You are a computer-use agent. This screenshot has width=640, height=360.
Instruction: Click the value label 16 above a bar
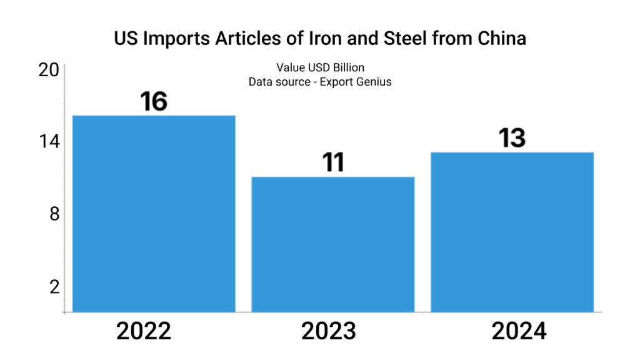pos(154,101)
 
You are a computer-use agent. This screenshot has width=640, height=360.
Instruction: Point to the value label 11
pos(333,162)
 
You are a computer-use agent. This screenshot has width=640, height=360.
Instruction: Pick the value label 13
pos(512,138)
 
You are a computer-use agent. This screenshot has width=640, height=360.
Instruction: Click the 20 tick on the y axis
pos(49,70)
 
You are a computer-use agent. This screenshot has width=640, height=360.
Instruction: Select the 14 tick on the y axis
pos(49,141)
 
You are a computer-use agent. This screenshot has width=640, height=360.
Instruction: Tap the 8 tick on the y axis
pos(54,214)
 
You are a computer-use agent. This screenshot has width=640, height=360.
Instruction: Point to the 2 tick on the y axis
pos(54,287)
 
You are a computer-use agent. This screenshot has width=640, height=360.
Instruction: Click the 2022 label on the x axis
pos(144,331)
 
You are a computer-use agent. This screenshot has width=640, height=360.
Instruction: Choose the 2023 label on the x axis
pos(329,331)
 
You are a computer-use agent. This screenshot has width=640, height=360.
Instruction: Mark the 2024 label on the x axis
pos(519,331)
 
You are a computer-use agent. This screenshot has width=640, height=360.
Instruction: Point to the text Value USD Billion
pos(320,67)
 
